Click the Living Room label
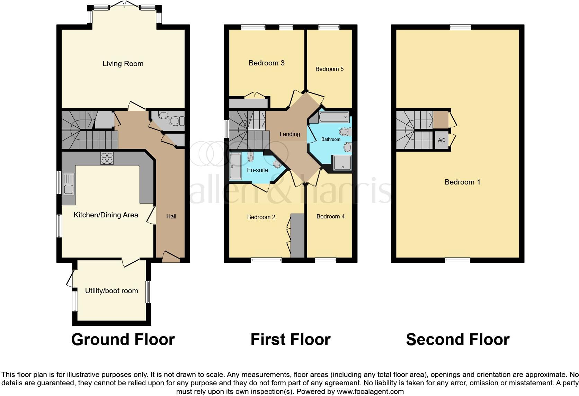coord(123,64)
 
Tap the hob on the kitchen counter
coord(107,158)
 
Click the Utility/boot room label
coord(112,291)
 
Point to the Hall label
coord(171,217)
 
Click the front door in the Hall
coord(171,258)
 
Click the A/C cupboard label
coord(442,140)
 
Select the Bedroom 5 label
coord(329,69)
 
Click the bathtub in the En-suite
coord(236,167)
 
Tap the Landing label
coord(290,134)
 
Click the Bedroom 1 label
coord(462,182)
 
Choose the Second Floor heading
coord(457,340)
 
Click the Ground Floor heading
coord(123,340)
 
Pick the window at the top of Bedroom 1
coord(460,27)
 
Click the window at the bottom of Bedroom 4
coord(326,260)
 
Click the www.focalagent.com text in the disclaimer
coord(370,392)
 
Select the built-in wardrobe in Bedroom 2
coord(297,236)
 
